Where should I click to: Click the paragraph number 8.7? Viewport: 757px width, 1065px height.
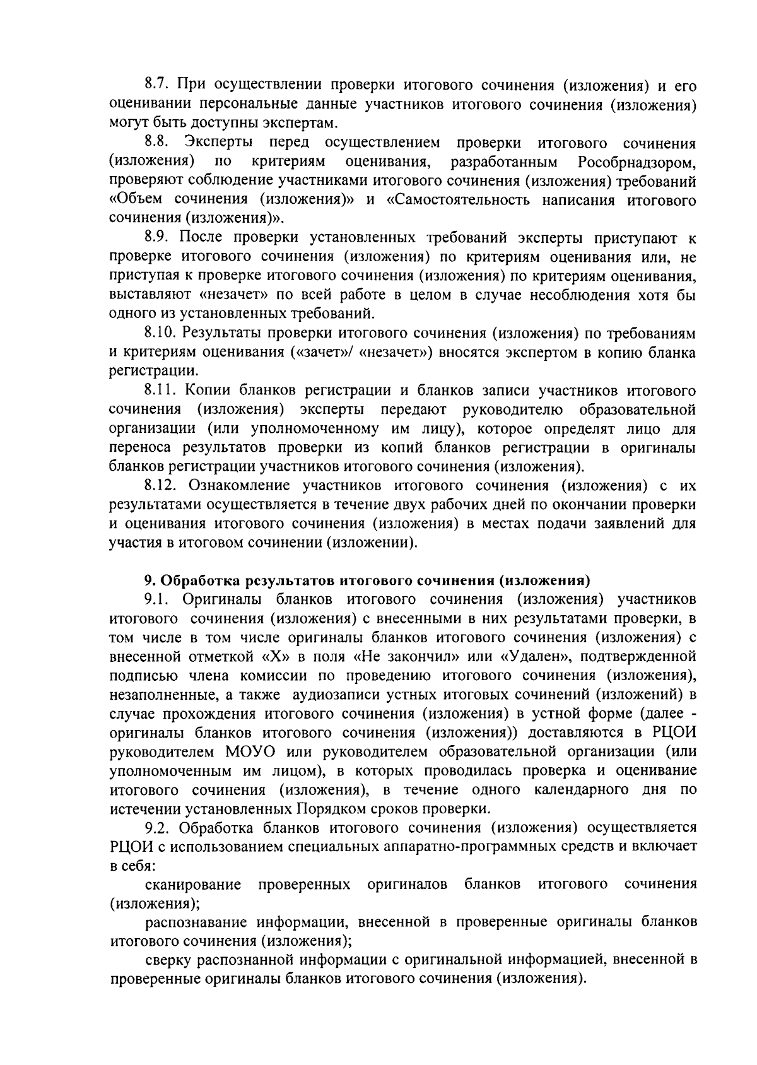[156, 85]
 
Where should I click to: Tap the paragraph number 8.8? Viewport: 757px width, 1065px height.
[156, 143]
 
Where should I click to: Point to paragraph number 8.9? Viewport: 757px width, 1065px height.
[156, 238]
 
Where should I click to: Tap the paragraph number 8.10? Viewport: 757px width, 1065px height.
[160, 332]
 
